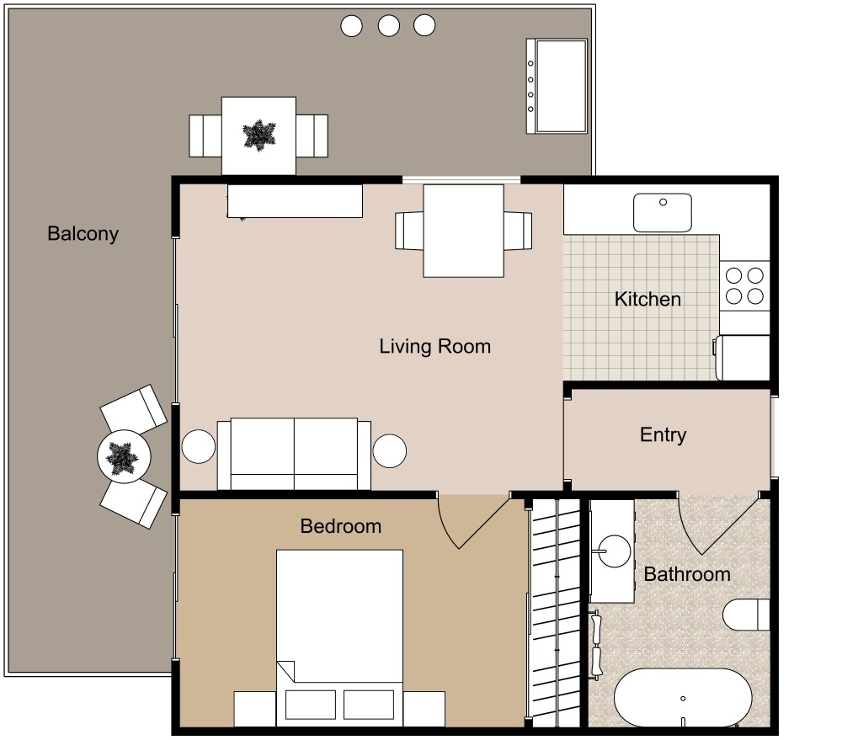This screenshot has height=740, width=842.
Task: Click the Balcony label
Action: click(83, 234)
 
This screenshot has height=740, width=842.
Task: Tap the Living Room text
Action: click(434, 346)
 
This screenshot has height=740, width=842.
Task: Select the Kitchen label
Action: click(647, 299)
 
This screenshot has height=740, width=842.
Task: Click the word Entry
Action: click(663, 435)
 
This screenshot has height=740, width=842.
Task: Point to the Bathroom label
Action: click(687, 574)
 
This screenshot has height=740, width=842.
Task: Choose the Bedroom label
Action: click(341, 526)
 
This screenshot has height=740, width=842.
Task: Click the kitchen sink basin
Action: click(663, 212)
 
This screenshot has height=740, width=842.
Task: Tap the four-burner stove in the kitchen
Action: click(744, 285)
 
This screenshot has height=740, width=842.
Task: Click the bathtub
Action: click(682, 698)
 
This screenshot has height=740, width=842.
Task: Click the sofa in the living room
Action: click(294, 453)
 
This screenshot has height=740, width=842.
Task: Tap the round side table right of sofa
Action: click(391, 450)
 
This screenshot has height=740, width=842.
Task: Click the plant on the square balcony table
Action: click(258, 135)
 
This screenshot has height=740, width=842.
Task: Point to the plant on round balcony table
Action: click(124, 457)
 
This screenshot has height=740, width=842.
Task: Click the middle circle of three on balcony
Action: click(388, 26)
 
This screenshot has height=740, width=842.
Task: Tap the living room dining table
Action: click(463, 231)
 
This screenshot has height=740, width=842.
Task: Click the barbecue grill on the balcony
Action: click(557, 85)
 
